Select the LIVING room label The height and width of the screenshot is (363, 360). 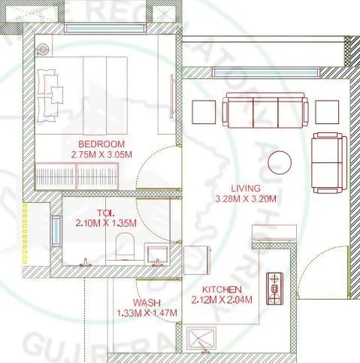[x=246, y=188]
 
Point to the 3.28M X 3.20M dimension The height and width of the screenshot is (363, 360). [x=246, y=199]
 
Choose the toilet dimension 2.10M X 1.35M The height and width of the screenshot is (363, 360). [x=105, y=223]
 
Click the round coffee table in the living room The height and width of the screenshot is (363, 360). [x=281, y=162]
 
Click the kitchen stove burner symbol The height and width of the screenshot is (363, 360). [x=275, y=286]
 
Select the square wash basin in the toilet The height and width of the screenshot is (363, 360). [x=157, y=252]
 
